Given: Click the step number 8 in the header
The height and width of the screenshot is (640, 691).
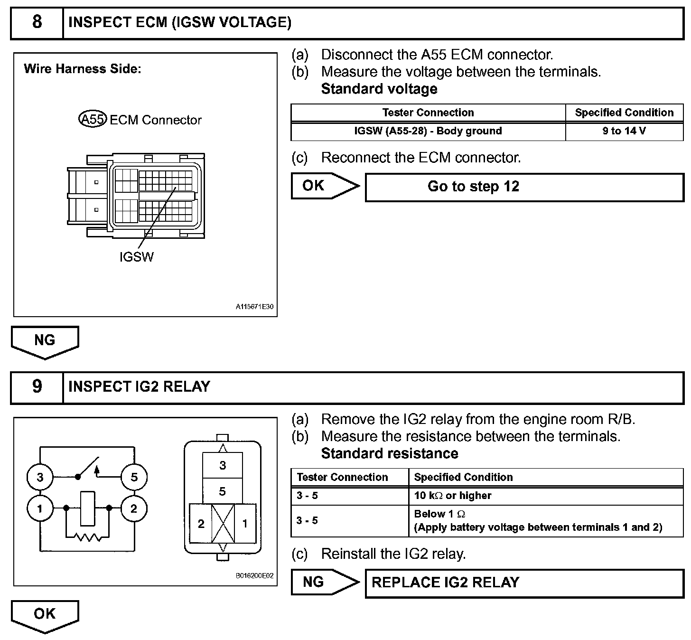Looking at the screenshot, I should (x=37, y=22).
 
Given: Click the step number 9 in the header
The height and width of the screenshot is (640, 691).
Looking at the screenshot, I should (x=37, y=387).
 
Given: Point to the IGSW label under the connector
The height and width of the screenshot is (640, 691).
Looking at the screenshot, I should (x=137, y=257).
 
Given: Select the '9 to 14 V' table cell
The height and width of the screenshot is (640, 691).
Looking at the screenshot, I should (x=624, y=131).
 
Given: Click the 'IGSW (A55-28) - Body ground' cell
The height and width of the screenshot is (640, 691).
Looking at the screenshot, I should (x=428, y=131).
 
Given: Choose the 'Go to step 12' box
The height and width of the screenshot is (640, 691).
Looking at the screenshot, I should (x=524, y=187).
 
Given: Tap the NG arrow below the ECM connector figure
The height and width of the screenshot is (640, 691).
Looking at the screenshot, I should (x=45, y=341).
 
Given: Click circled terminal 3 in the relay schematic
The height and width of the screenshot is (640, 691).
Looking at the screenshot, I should (x=40, y=477).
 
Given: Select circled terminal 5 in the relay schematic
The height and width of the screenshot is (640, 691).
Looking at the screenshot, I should (x=134, y=477).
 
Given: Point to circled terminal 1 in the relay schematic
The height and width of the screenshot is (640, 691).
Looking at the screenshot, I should (x=40, y=508).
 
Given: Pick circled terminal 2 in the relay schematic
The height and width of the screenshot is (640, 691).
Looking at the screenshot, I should (x=134, y=508).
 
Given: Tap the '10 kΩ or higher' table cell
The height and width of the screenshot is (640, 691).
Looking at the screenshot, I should (x=545, y=496).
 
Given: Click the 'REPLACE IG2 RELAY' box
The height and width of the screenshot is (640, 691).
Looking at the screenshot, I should (x=524, y=583).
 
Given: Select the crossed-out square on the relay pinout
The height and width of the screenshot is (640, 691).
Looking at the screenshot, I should (x=223, y=524).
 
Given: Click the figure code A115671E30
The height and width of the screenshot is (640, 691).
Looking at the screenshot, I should (x=254, y=307).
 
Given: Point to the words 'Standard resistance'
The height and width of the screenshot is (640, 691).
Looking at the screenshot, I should (x=390, y=453).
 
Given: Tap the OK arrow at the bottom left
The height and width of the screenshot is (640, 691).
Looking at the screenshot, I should (x=45, y=615).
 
